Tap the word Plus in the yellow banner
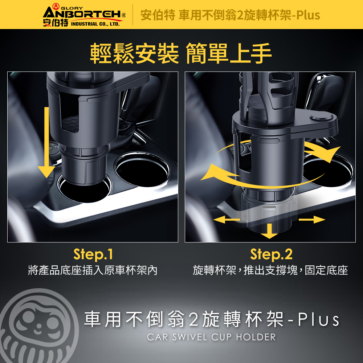pos(308,15)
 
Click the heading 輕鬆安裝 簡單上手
pos(180,53)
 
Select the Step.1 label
pos(93,254)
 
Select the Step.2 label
pos(271,254)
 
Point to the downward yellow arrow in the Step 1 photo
pos(46,142)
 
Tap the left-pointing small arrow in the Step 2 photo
pos(227,219)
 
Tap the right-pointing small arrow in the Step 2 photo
pos(312,220)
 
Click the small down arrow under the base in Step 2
pos(269,231)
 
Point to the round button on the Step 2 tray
pos(321,116)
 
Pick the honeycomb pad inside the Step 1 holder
pos(70,124)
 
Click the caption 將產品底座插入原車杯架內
pos(93,270)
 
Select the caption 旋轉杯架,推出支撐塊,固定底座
pos(270,270)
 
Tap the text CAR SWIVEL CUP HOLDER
pos(211,337)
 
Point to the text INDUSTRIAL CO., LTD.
pos(95,24)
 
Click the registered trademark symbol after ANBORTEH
pos(124,16)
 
